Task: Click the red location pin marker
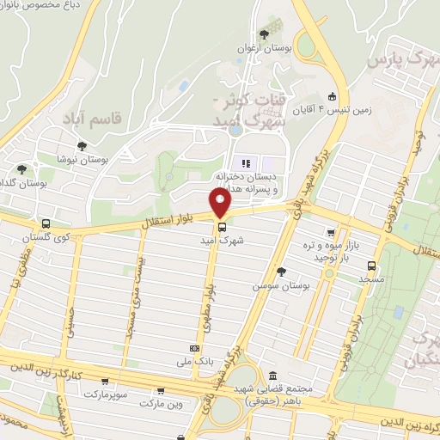tap(222, 204)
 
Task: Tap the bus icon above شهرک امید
tap(223, 228)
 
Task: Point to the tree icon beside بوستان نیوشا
tap(82, 146)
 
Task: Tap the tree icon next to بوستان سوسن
tap(280, 271)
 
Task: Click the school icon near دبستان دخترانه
tap(244, 163)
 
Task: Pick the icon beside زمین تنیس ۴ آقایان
tap(333, 96)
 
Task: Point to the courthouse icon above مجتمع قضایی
tap(272, 376)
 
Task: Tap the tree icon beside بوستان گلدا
tap(21, 168)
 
